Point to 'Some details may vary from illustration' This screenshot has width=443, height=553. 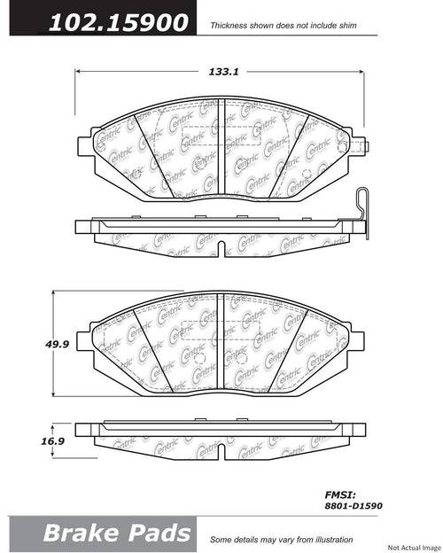(281, 540)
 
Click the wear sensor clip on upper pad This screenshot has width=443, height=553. (361, 214)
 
